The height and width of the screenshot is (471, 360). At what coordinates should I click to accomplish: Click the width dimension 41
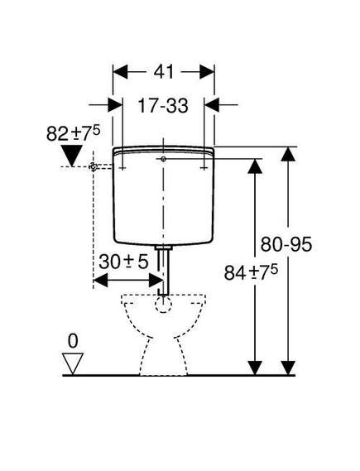point(164,72)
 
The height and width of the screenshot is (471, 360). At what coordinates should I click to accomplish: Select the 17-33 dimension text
point(163,105)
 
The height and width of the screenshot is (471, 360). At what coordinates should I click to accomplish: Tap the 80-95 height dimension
point(286,244)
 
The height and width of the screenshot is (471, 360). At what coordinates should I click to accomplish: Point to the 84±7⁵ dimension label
point(251,272)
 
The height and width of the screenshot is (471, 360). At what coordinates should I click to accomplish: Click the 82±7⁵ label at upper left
point(73,133)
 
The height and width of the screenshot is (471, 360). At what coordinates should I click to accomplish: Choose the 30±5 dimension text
point(123,262)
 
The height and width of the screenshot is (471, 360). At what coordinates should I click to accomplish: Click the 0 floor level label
point(73,341)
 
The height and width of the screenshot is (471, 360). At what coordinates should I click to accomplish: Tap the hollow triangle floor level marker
point(73,363)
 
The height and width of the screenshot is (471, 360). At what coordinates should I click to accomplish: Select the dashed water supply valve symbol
point(94,166)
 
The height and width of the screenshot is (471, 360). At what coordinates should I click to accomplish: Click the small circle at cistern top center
point(163,159)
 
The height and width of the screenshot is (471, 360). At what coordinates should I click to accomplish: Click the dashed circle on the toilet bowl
point(163,304)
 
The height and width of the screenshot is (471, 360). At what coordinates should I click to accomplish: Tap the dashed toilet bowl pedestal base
point(164,358)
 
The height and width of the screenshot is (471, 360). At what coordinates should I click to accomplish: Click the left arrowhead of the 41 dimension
point(120,72)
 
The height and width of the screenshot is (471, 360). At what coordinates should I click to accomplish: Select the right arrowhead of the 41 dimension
point(207,72)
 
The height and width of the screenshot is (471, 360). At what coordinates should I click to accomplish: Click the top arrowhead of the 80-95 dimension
point(288,154)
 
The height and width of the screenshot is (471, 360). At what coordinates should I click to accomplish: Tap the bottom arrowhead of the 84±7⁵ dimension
point(255,368)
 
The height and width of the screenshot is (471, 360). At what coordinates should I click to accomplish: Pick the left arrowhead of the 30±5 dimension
point(101,281)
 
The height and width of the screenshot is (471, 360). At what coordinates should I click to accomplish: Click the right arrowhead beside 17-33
point(212,105)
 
